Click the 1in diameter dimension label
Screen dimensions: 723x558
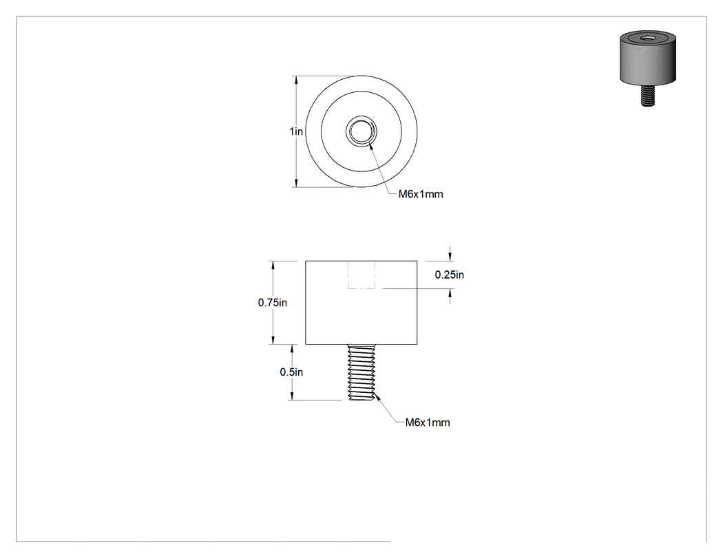click(x=296, y=131)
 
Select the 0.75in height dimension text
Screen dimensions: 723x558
click(x=273, y=303)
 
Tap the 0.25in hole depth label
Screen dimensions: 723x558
click(x=450, y=275)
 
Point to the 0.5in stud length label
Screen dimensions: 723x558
click(x=291, y=372)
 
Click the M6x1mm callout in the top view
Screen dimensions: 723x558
click(x=421, y=194)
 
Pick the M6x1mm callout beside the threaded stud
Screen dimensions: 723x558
click(x=428, y=422)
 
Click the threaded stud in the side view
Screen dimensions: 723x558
click(x=361, y=373)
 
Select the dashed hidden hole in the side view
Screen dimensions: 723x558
click(x=361, y=275)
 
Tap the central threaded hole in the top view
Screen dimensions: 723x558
click(x=361, y=131)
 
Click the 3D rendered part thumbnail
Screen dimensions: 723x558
click(x=647, y=69)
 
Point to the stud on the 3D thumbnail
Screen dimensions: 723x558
click(x=648, y=96)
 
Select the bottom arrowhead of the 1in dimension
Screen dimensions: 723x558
click(x=296, y=183)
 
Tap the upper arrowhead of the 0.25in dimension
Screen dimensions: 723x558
click(x=450, y=257)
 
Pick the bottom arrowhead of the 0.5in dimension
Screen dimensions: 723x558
click(x=291, y=396)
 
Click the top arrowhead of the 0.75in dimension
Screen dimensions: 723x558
click(x=273, y=266)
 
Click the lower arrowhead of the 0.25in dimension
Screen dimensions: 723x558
click(x=450, y=294)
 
